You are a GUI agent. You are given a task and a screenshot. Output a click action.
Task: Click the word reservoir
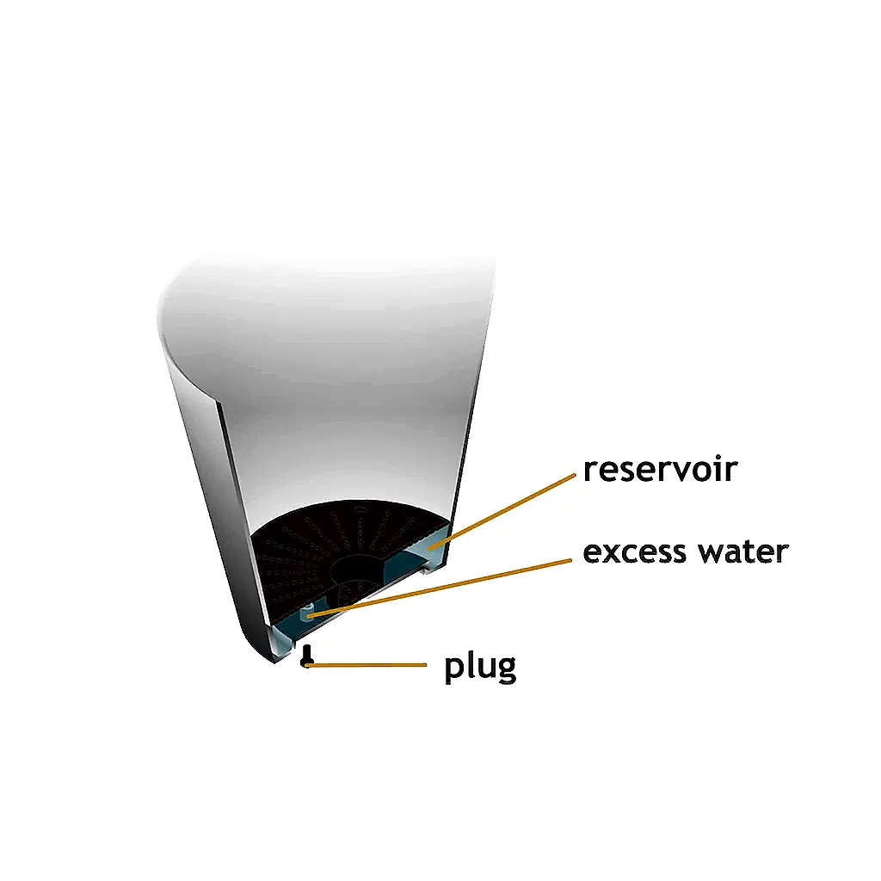coord(660,471)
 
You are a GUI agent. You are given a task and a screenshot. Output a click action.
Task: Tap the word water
coord(743,551)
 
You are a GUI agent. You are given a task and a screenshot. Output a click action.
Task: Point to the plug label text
coord(480,668)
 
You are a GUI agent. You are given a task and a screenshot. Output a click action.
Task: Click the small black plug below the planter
coord(306,656)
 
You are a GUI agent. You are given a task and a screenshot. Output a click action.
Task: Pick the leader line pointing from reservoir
coord(502,511)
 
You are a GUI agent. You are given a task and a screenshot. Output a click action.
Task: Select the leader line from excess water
coord(440,588)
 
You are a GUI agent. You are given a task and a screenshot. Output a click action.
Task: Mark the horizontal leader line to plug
coord(367,665)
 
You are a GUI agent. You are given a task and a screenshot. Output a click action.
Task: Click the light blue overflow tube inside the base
coord(308,612)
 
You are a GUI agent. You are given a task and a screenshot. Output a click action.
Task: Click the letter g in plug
coord(506,671)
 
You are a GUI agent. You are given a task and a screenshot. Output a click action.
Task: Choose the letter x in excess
coord(612,554)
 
